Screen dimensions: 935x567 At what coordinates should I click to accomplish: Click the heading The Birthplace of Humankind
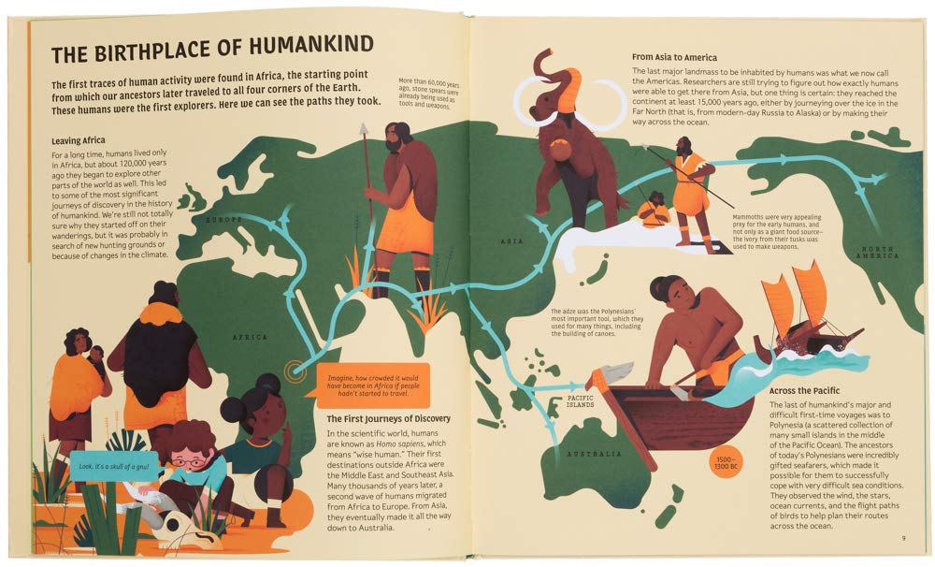tap(212, 44)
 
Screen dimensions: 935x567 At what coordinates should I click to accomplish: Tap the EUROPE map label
tap(224, 220)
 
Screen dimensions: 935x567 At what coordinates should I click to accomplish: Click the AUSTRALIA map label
tap(594, 454)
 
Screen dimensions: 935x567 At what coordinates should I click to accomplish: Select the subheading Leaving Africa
tap(87, 140)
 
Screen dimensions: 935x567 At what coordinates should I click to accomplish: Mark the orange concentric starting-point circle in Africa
tap(299, 370)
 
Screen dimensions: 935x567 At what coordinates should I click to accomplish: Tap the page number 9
tap(903, 537)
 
